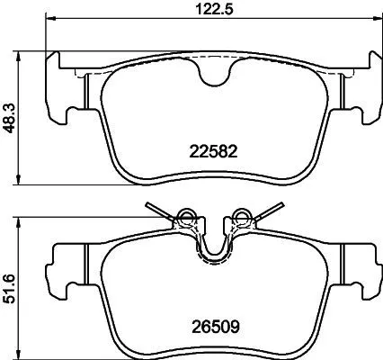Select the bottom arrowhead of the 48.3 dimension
point(22,183)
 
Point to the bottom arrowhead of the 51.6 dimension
point(22,355)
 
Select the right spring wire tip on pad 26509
point(279,204)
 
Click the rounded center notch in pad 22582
point(214,77)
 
